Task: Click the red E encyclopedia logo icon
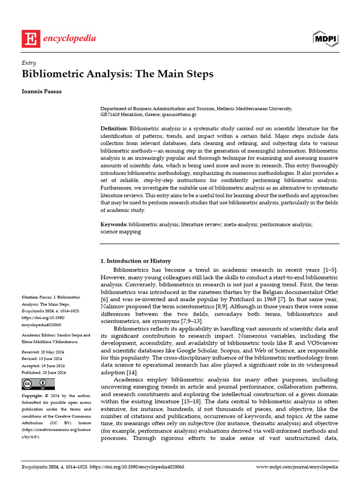point(31,38)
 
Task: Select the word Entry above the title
point(29,63)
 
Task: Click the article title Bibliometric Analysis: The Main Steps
point(118,74)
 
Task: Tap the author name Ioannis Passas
point(42,91)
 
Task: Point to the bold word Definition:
point(114,128)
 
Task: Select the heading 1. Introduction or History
point(136,261)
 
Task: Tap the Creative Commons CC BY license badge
point(35,384)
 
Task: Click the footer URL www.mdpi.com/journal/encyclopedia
point(298,467)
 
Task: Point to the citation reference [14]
point(131,372)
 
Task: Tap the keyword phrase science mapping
point(120,232)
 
